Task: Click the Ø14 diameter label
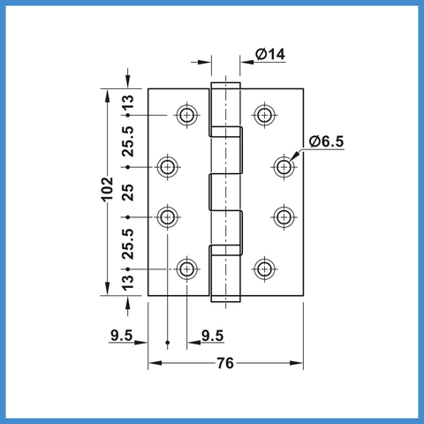[x=270, y=55]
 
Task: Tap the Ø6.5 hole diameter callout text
[x=326, y=141]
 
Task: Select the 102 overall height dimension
[x=108, y=189]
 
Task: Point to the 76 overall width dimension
[x=225, y=363]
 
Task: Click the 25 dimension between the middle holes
[x=128, y=193]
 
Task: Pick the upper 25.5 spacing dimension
[x=128, y=141]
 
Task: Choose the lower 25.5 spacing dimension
[x=128, y=244]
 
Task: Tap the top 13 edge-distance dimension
[x=128, y=102]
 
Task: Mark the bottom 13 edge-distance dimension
[x=128, y=283]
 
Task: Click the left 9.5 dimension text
[x=122, y=335]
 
